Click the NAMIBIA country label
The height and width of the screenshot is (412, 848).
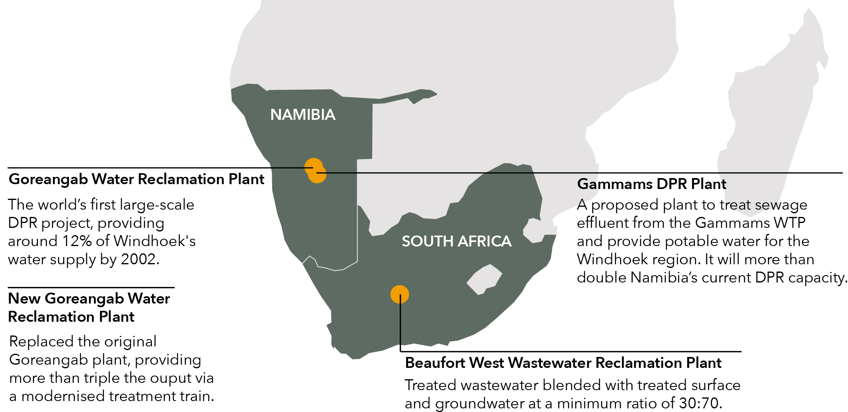303,115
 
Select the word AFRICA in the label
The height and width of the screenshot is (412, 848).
485,242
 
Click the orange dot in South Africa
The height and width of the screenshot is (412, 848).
400,294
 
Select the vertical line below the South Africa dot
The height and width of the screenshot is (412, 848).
400,324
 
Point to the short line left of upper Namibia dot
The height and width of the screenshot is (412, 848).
288,167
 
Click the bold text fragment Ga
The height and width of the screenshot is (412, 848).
587,184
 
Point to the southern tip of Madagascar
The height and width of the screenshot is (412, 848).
750,215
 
